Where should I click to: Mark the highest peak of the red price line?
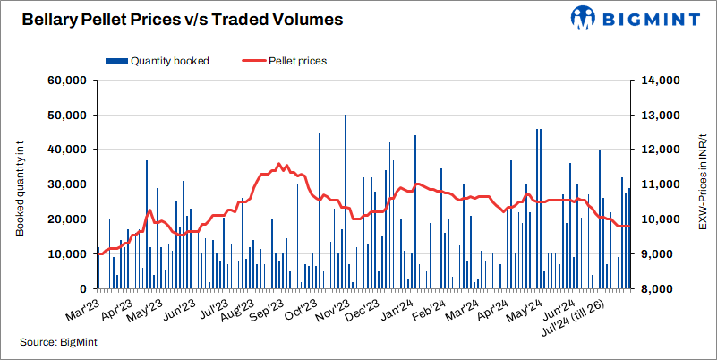tap(278, 164)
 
